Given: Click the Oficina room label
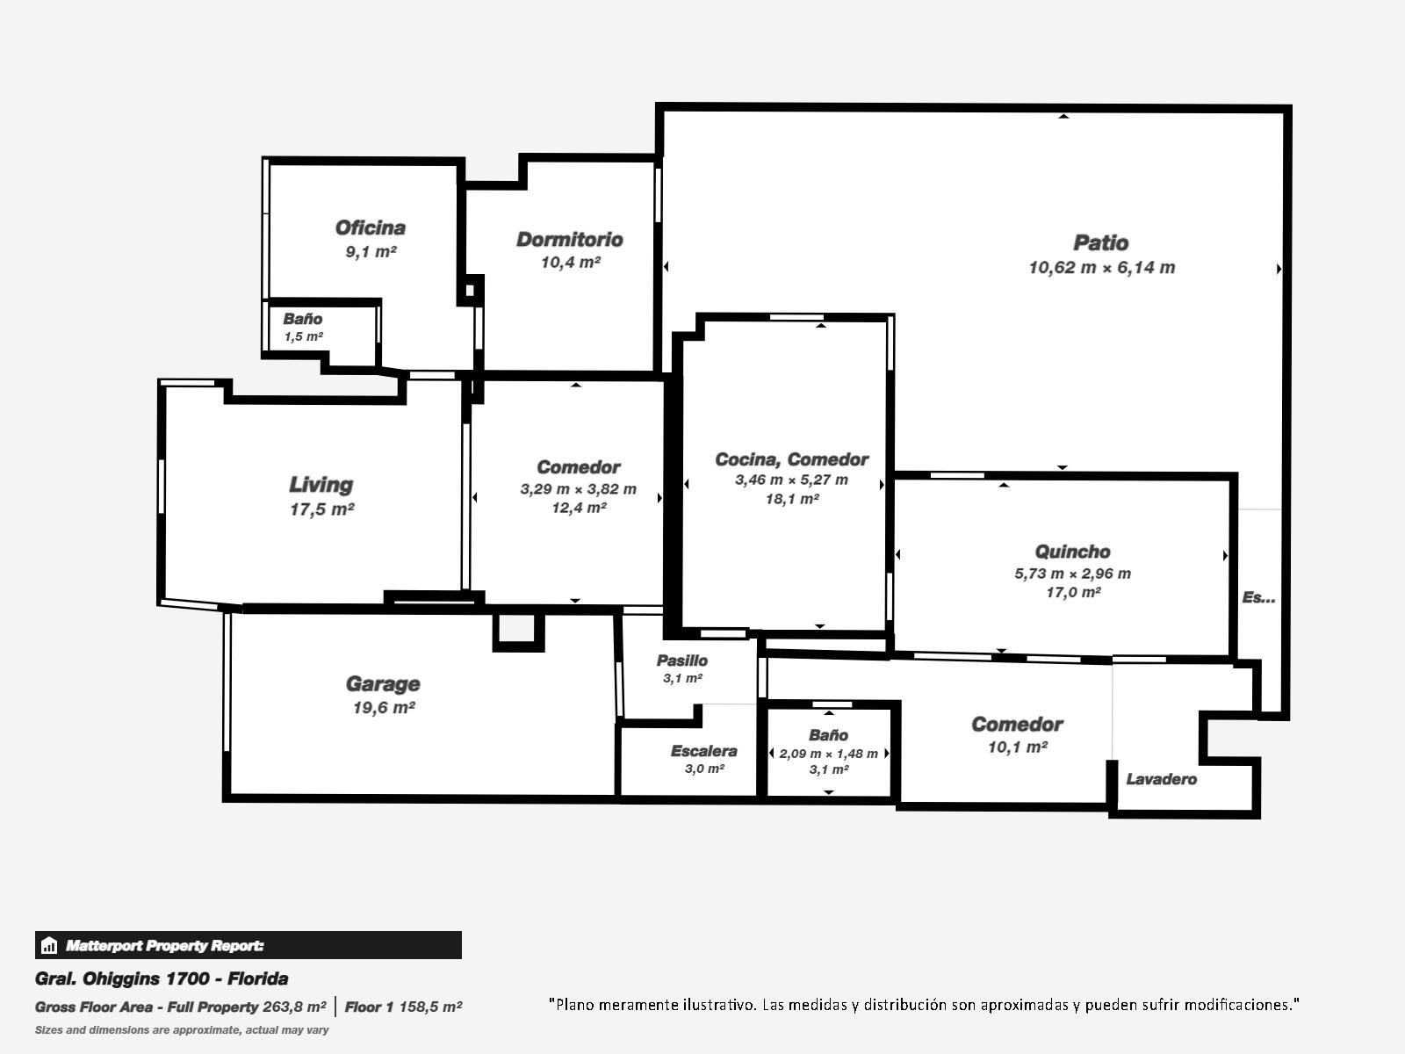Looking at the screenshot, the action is (370, 227).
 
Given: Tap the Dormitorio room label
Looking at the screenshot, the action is (570, 239).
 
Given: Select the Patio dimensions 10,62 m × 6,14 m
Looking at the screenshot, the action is (1101, 268).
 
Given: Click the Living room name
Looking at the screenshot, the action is (321, 485).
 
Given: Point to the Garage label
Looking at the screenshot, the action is (383, 684).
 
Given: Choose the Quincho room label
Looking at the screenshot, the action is (1072, 552).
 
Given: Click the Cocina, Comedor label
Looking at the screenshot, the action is (792, 459).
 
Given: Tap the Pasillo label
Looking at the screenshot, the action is (681, 661).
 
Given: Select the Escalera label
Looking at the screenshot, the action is (703, 751).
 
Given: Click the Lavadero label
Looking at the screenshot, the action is (1161, 779).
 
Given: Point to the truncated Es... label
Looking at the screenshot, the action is (1258, 597).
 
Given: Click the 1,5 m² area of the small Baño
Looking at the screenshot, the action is (304, 336).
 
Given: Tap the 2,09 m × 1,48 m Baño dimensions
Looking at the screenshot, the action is (828, 754).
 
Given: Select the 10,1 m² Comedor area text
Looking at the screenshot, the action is (1017, 747).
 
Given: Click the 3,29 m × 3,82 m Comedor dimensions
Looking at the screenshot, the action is (578, 489).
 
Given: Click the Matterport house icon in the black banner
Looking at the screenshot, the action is (48, 945).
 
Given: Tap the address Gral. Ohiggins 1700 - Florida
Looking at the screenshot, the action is (162, 978).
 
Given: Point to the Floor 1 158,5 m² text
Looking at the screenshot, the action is (403, 1007).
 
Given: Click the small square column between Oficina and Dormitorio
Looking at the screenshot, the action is (470, 291).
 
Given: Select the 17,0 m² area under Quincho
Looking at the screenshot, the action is (1073, 593).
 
